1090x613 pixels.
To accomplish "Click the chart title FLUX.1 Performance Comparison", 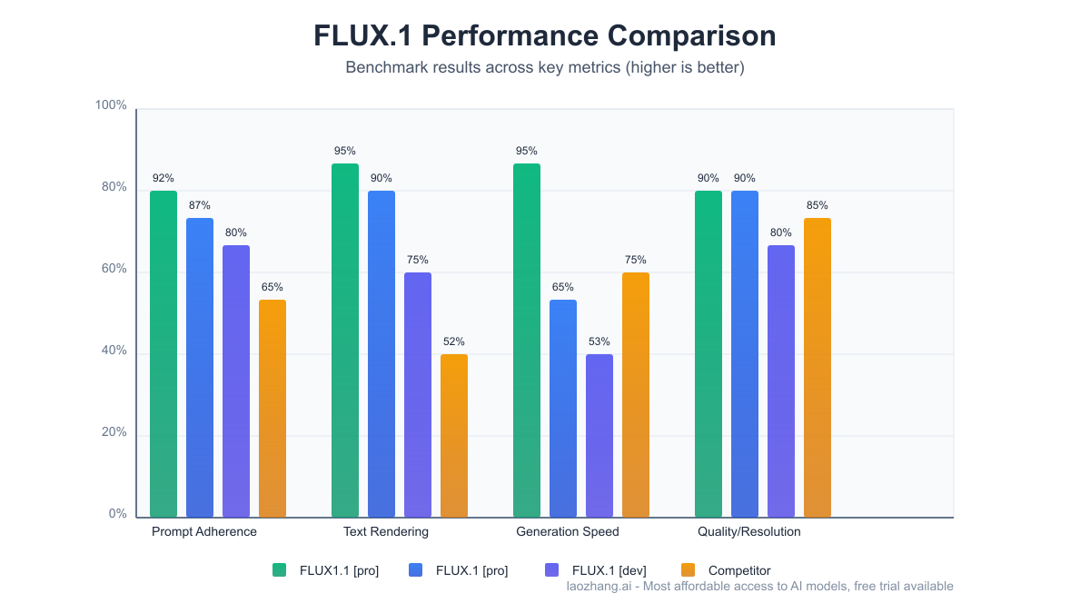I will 545,35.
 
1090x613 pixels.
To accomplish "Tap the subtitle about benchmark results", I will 545,68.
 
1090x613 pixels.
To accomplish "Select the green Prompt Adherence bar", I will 163,354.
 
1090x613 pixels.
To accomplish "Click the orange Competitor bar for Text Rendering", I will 454,436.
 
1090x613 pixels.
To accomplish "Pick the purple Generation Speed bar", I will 599,436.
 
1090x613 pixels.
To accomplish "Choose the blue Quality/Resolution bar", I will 745,354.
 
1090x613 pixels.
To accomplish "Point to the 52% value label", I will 454,341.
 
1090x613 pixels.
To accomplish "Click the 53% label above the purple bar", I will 599,341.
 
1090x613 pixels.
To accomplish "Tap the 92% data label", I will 163,178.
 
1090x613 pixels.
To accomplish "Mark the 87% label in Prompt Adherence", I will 200,205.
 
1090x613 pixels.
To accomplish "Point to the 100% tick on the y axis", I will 111,105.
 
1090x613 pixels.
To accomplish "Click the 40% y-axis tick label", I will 113,351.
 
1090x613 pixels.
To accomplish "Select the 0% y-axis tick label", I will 117,514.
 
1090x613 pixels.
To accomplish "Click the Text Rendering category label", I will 386,531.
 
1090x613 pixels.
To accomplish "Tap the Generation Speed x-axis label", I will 568,531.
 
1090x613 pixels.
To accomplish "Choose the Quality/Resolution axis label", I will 749,531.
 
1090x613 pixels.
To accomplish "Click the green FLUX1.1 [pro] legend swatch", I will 280,570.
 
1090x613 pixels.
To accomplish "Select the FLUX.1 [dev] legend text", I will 609,570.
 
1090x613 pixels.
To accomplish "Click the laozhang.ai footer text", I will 759,587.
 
